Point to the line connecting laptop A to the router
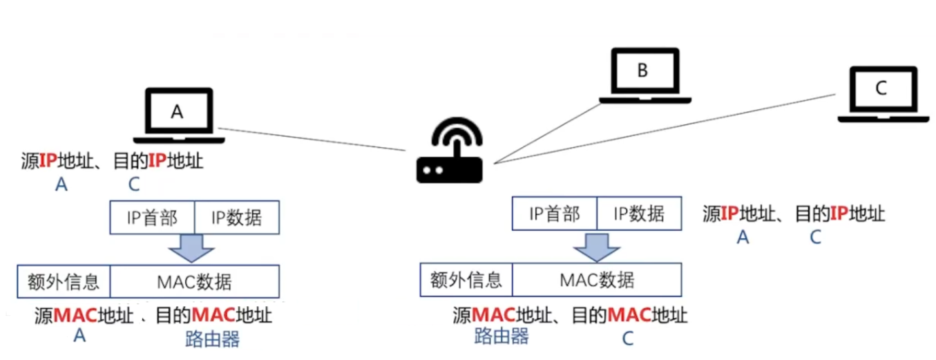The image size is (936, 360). click(311, 139)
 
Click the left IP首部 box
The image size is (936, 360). click(152, 218)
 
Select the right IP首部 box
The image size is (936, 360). click(554, 214)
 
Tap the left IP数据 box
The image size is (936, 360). click(237, 218)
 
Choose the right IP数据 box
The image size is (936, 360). click(639, 214)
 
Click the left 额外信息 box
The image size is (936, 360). click(64, 282)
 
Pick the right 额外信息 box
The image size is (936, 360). click(466, 280)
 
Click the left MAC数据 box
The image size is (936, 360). click(194, 282)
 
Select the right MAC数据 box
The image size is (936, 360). click(597, 280)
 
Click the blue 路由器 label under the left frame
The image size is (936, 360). click(212, 339)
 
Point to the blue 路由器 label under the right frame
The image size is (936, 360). click(502, 337)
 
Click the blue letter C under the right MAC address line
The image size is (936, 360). click(627, 339)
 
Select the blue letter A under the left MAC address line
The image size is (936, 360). click(79, 336)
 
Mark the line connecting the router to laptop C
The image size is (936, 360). click(663, 129)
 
